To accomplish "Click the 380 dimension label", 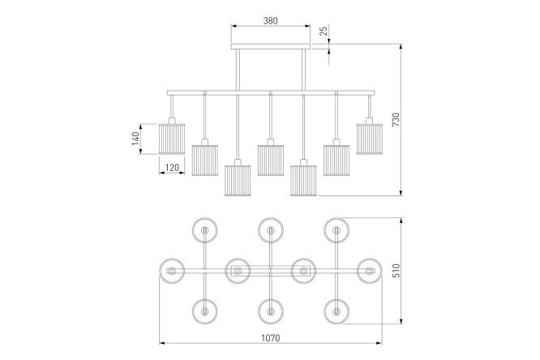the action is (x=270, y=20).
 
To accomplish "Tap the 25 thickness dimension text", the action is (x=324, y=32).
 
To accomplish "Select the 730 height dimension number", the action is (x=396, y=119).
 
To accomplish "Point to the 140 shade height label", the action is (x=136, y=139).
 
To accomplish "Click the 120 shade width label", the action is (x=172, y=167).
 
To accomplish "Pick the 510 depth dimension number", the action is (x=396, y=271).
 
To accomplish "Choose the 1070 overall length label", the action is (x=270, y=338).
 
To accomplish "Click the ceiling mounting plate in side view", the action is (x=271, y=46).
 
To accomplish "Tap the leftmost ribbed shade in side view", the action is (x=172, y=139).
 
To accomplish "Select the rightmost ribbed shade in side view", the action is (x=370, y=139).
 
